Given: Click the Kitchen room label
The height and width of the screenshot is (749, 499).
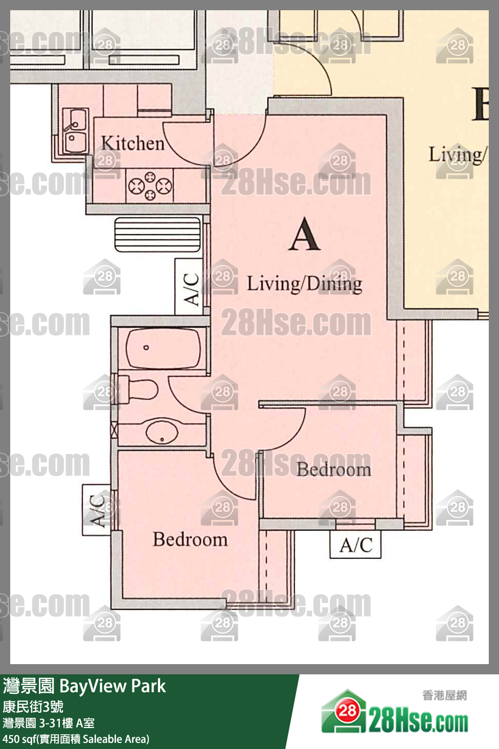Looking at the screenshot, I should tap(132, 143).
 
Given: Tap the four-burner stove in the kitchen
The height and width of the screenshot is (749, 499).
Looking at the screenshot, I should tap(150, 186).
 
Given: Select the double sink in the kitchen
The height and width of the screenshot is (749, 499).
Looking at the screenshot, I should tap(75, 131).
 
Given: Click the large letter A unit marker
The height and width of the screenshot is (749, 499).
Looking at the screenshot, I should tap(304, 235).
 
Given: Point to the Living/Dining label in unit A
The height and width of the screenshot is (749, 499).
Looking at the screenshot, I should tap(305, 283).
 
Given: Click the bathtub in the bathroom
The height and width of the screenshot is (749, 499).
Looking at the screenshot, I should tap(163, 348).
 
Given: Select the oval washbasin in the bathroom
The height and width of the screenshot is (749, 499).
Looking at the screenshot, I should tap(162, 432).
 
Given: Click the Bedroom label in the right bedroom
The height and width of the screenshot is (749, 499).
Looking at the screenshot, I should tap(334, 469).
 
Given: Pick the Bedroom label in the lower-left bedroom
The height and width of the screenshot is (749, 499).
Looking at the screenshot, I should tap(190, 539).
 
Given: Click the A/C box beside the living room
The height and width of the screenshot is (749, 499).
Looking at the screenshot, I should tap(190, 287).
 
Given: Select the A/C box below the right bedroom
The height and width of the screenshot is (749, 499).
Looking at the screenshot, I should tap(355, 545).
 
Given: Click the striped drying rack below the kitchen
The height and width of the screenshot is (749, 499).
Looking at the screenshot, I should tap(157, 235).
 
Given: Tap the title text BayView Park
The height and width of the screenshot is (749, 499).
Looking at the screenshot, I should tap(112, 686).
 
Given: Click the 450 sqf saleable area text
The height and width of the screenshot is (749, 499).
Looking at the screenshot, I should tap(76, 739).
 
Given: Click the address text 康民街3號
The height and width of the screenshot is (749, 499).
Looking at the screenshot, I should tap(33, 707).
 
